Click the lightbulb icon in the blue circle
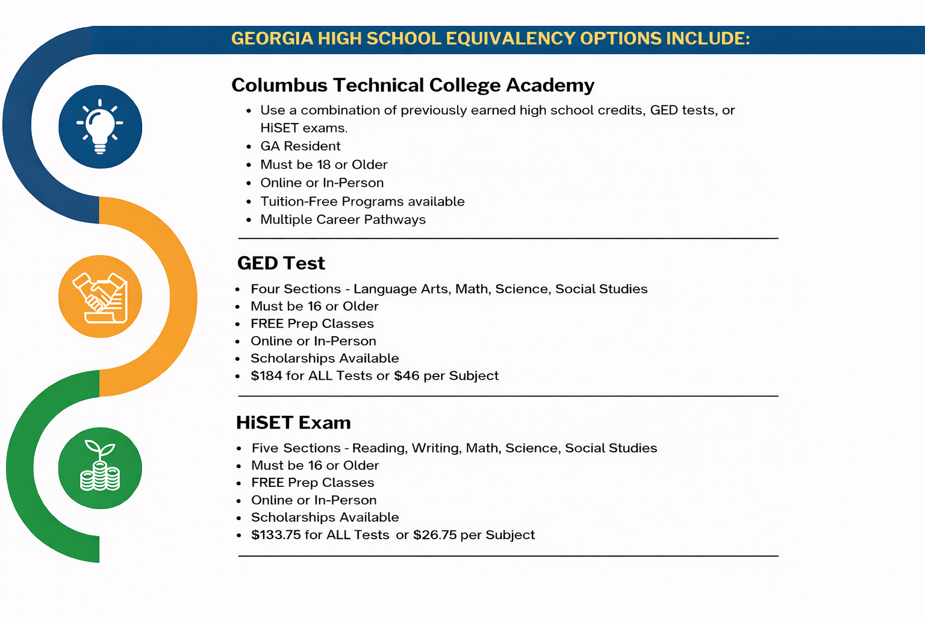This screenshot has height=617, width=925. pyautogui.click(x=100, y=127)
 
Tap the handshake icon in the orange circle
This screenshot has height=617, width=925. pyautogui.click(x=100, y=297)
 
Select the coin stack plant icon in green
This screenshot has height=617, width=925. pyautogui.click(x=100, y=468)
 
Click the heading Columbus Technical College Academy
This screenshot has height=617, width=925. pyautogui.click(x=413, y=85)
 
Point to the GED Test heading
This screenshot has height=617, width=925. pyautogui.click(x=281, y=263)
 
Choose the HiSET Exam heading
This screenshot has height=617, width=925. pyautogui.click(x=293, y=422)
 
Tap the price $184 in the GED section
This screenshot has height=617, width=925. pyautogui.click(x=266, y=376)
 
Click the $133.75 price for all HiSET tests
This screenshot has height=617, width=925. pyautogui.click(x=276, y=535)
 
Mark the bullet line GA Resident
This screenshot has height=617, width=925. pyautogui.click(x=300, y=146)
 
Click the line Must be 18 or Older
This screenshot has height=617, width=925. pyautogui.click(x=323, y=164)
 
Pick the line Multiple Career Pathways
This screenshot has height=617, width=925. pyautogui.click(x=343, y=220)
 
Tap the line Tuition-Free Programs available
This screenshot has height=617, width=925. pyautogui.click(x=362, y=201)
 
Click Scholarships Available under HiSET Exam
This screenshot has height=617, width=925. pyautogui.click(x=325, y=518)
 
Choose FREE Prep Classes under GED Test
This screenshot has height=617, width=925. pyautogui.click(x=312, y=324)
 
